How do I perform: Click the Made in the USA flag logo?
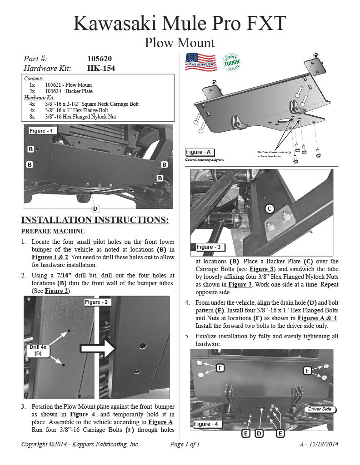click(200, 62)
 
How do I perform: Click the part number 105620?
click(99, 59)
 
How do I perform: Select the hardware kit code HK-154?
click(100, 68)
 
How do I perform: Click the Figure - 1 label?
click(41, 131)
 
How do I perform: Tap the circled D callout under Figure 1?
click(95, 208)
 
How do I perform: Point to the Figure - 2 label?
click(96, 302)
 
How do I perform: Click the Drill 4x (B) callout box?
click(38, 350)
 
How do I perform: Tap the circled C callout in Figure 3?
click(269, 208)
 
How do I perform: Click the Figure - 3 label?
click(209, 247)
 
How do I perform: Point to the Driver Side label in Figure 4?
click(320, 409)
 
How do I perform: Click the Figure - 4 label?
click(205, 424)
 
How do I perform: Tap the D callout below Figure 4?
click(259, 433)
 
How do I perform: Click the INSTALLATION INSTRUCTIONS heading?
click(95, 220)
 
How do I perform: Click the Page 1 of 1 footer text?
click(185, 444)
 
